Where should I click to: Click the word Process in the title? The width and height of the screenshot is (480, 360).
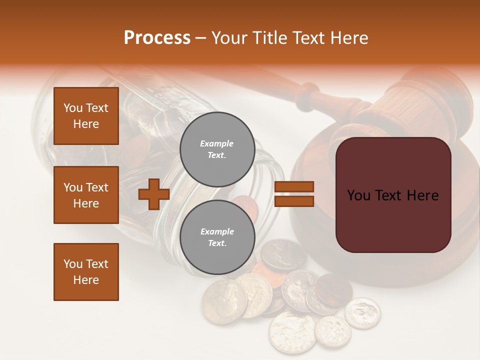(157, 38)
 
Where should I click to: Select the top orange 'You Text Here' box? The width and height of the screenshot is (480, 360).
(86, 116)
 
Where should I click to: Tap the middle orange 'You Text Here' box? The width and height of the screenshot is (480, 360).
(86, 195)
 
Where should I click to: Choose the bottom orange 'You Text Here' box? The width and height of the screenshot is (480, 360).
(86, 272)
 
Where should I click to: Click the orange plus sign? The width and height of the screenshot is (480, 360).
(153, 194)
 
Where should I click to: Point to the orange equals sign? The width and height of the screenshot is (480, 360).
(294, 194)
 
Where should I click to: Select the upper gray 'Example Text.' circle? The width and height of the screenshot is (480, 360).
(217, 149)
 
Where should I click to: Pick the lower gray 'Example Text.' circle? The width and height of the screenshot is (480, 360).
(217, 237)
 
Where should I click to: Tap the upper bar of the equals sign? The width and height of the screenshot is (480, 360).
(294, 187)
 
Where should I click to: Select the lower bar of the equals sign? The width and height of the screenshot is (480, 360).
(294, 201)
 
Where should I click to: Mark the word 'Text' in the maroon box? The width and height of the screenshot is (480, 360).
(391, 195)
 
